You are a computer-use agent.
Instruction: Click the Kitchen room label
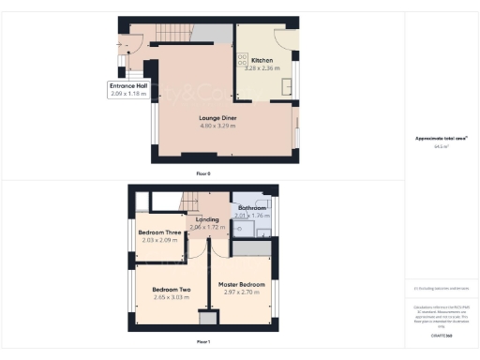pos(262,60)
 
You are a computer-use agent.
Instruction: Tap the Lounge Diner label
pos(218,118)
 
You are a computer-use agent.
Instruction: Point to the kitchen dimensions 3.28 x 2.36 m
pos(262,67)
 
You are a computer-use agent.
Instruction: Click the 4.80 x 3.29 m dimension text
pos(218,126)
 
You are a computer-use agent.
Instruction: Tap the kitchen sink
pos(286,86)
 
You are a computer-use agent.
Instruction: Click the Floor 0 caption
pos(202,174)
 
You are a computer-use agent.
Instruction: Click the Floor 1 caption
pos(202,341)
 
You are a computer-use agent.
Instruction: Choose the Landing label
pos(206,219)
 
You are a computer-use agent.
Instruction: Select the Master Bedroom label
pos(242,284)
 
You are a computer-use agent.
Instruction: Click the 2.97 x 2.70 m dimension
pos(242,292)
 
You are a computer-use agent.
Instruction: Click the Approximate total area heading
pos(441,139)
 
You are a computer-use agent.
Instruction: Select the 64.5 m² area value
pos(441,146)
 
